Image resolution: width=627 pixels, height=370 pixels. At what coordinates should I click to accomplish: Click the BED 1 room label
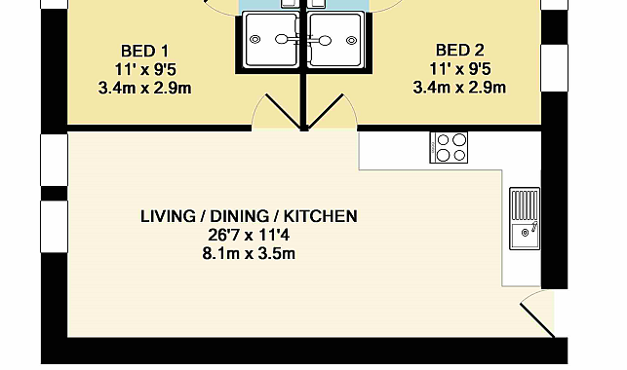tap(144, 52)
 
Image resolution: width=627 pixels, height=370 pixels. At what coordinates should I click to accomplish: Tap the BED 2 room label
tap(460, 51)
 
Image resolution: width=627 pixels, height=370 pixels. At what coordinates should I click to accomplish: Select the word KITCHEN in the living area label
tap(320, 216)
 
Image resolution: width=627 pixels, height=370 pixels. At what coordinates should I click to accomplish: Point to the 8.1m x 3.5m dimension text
tap(249, 254)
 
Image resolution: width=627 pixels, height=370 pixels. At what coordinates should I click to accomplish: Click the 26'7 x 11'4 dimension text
tap(249, 235)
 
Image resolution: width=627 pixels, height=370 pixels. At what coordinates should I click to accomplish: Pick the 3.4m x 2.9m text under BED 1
tap(144, 89)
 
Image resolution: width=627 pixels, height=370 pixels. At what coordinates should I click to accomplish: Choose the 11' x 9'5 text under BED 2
tap(460, 69)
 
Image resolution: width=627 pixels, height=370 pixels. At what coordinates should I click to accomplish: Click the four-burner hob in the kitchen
tap(449, 147)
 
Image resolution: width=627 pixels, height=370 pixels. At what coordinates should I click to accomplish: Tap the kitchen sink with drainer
tap(525, 219)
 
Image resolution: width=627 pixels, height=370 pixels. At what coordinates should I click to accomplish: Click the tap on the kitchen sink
tap(534, 227)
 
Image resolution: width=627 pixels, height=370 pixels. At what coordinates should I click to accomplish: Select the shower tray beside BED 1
tap(272, 40)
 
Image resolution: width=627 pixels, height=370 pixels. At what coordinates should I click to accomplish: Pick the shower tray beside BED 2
tap(335, 40)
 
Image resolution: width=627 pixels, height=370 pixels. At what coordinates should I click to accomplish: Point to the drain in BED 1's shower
tap(255, 40)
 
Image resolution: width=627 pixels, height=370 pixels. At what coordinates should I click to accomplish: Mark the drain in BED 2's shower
tap(351, 40)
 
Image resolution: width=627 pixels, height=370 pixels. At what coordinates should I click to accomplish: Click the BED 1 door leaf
tap(283, 112)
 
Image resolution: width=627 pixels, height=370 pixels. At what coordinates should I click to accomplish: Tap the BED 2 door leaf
tap(326, 112)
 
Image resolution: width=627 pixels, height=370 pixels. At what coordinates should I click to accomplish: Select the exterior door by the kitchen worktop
tap(537, 320)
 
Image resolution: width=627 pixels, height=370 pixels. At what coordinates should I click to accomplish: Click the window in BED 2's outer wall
tap(554, 68)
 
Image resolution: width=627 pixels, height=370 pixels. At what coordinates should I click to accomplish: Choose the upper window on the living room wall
tap(55, 160)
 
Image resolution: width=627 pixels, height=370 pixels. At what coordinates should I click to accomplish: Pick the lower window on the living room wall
tap(55, 226)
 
